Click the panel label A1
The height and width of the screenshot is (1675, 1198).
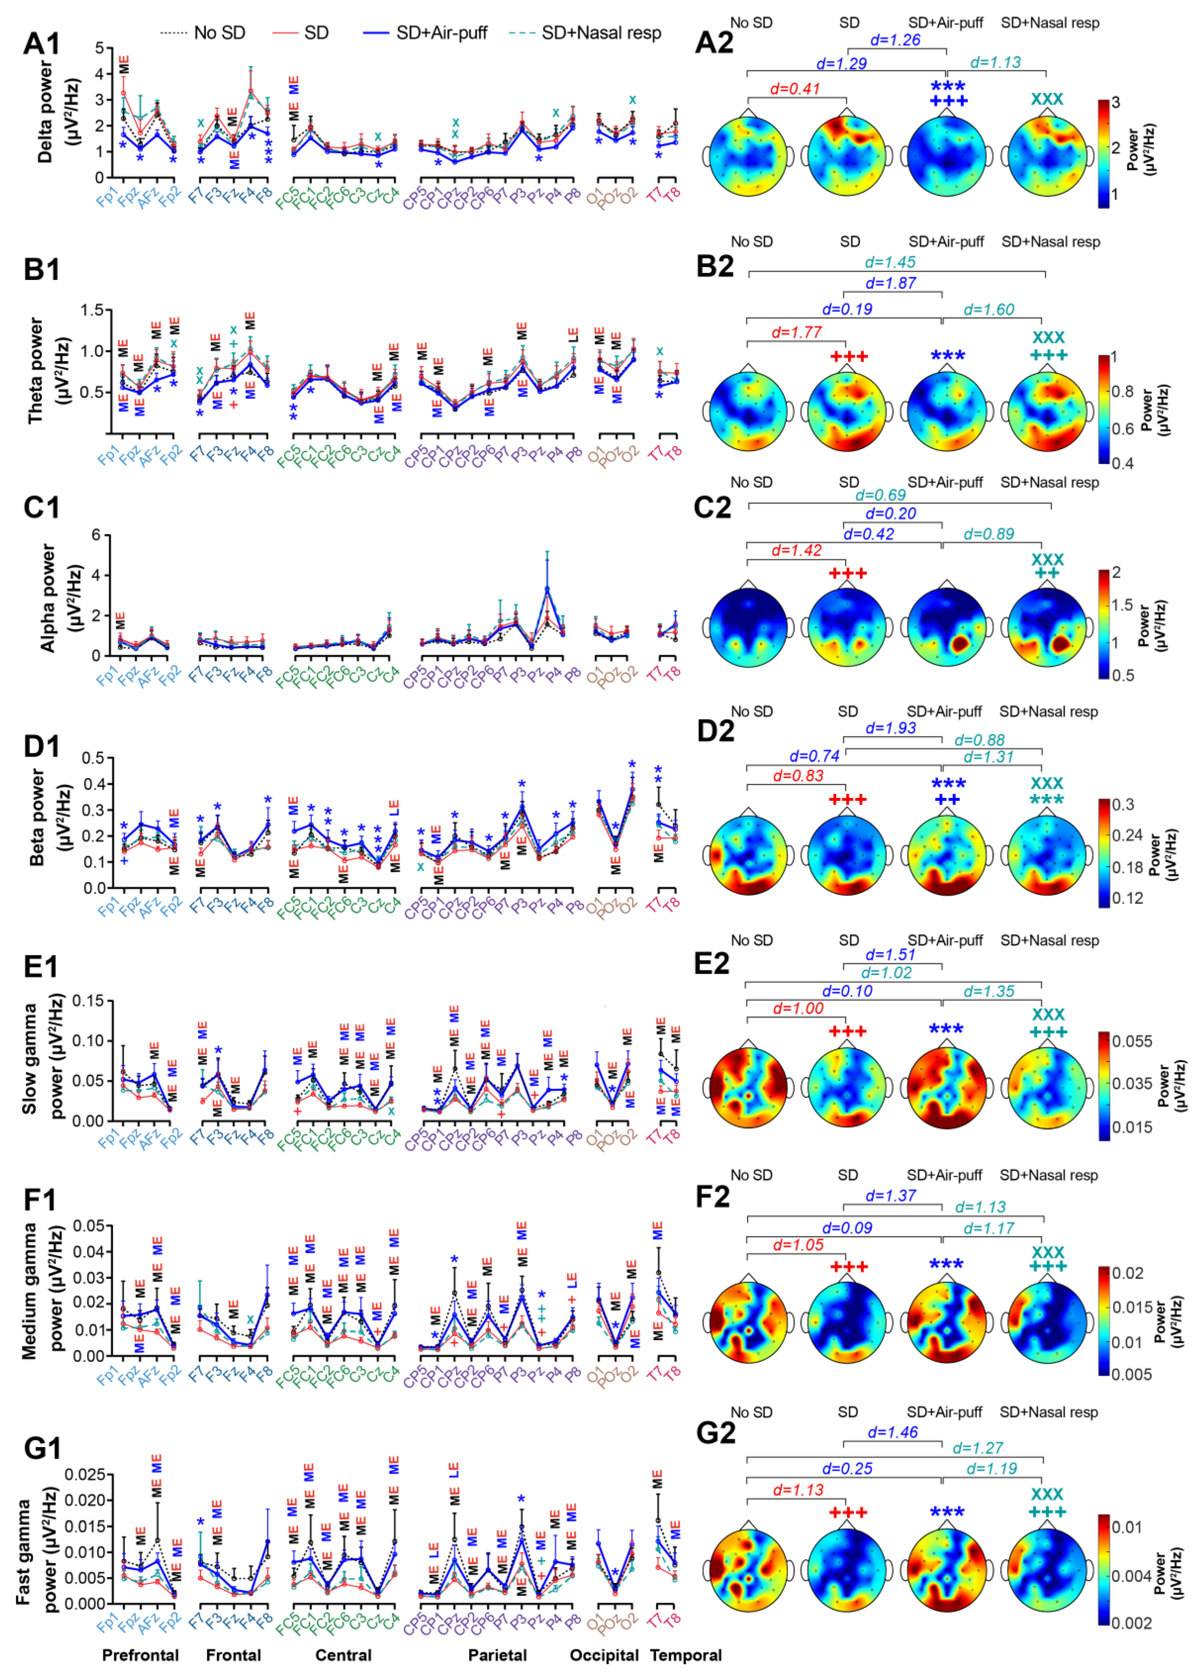point(42,44)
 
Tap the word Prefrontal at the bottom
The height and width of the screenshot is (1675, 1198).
point(140,1655)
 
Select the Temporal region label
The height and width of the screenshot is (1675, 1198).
point(685,1655)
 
